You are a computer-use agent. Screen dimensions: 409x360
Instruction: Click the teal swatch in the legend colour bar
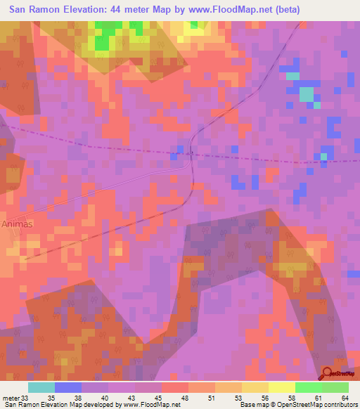tap(41, 387)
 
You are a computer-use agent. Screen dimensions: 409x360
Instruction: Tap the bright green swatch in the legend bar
tap(308, 387)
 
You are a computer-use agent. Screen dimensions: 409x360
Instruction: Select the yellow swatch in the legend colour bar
tap(281, 387)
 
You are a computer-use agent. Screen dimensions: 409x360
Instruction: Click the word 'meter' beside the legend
tap(11, 397)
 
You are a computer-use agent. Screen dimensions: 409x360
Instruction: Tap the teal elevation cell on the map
tap(306, 94)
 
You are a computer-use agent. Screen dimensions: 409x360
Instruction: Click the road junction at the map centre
tap(191, 153)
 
